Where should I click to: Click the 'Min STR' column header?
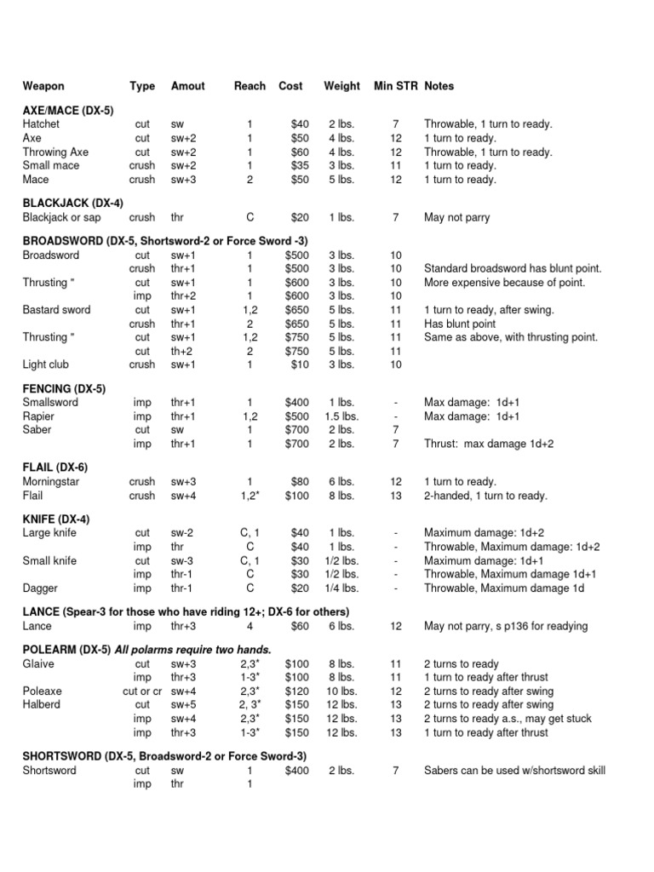point(395,86)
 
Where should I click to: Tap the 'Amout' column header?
point(187,86)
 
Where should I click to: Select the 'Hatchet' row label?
point(42,124)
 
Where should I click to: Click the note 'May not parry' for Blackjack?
point(456,218)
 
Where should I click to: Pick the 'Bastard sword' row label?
point(56,310)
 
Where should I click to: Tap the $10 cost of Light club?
point(300,364)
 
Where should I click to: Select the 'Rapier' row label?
point(37,416)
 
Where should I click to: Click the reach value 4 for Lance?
point(250,627)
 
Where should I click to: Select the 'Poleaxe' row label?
point(42,691)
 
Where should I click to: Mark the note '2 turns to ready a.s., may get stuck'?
point(508,719)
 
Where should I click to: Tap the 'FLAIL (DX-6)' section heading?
point(54,468)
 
